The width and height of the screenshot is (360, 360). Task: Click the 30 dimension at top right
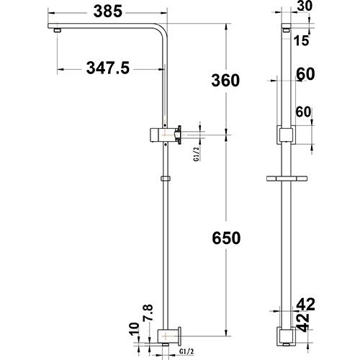tap(305, 7)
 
